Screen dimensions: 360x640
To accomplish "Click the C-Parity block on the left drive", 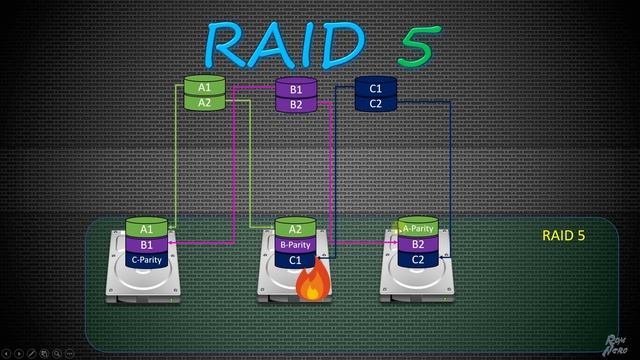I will [146, 259].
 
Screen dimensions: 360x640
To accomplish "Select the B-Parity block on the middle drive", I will [295, 245].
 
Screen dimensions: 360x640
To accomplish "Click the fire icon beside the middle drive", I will [314, 283].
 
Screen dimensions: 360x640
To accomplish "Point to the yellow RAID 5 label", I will [563, 237].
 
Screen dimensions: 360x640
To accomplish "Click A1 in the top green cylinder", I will [203, 88].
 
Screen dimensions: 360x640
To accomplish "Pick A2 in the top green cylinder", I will [203, 103].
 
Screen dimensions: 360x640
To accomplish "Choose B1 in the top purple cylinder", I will [295, 90].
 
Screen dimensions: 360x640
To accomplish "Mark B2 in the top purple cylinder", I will [295, 105].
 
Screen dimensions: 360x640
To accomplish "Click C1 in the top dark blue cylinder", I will [376, 89].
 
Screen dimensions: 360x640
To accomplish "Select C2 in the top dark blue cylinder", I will [376, 104].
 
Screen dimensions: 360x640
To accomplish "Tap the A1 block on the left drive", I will [146, 230].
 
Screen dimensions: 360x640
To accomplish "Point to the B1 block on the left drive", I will [146, 244].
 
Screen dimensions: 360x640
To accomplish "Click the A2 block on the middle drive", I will [295, 230].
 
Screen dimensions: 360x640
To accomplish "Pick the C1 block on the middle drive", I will [295, 260].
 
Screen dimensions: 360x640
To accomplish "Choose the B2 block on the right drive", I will [418, 244].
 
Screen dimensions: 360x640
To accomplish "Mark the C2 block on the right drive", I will [418, 259].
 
